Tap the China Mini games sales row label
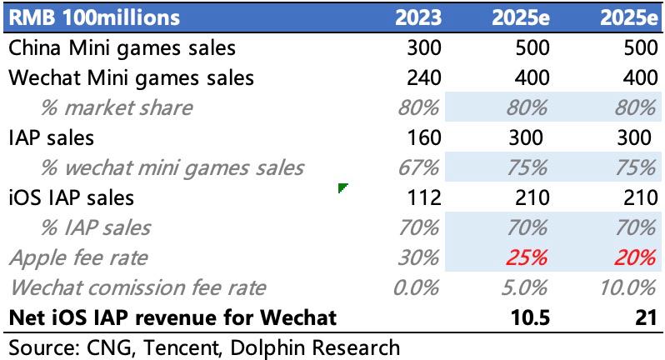point(122,47)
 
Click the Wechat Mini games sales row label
point(131,77)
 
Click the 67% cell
point(417,168)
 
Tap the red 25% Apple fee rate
point(527,258)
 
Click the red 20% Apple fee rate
point(633,258)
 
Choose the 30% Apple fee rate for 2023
point(417,258)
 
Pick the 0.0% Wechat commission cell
point(414,288)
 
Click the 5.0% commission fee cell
point(522,288)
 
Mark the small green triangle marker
point(342,189)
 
